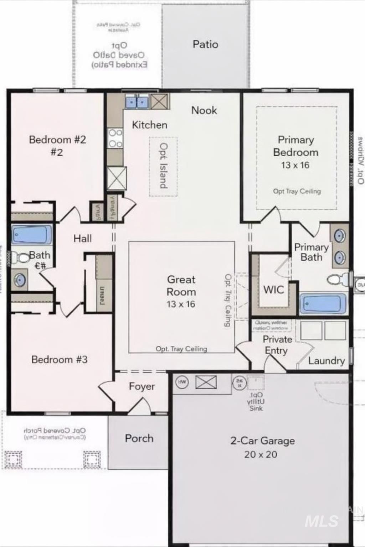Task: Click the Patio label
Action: [205, 45]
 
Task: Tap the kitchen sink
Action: [137, 102]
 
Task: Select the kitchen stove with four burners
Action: [115, 138]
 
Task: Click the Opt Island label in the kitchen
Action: [163, 166]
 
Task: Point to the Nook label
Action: [204, 110]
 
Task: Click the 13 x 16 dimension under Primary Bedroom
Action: [295, 165]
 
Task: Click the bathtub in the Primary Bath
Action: [323, 304]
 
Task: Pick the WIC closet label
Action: [273, 290]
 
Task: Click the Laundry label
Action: [326, 361]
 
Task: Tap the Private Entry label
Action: [277, 345]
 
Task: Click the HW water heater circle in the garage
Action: [182, 382]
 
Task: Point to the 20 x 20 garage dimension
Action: [261, 454]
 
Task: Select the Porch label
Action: [139, 438]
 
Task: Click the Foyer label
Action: [142, 386]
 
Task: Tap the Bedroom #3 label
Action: [59, 359]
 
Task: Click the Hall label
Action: [82, 239]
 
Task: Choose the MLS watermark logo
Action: [322, 521]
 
